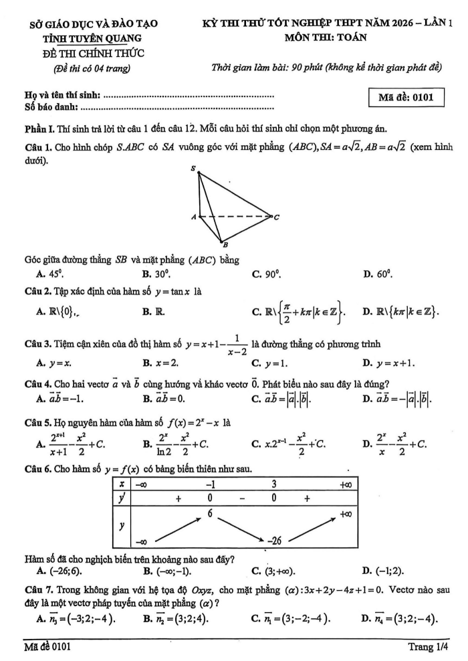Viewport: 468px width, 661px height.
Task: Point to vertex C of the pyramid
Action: point(275,217)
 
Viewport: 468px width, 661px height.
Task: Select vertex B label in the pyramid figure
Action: point(225,245)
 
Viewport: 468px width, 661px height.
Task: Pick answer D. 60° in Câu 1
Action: point(382,273)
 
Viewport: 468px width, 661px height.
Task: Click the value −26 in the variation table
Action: point(273,539)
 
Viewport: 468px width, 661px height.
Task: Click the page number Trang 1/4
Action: point(428,647)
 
